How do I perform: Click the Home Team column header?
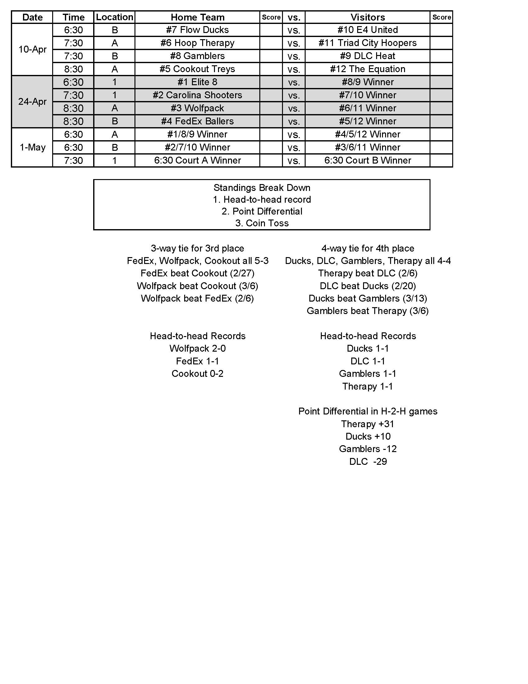(x=197, y=17)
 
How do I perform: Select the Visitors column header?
(x=367, y=17)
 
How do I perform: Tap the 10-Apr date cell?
(x=32, y=49)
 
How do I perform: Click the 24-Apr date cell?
(x=32, y=101)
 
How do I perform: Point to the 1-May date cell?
(x=32, y=147)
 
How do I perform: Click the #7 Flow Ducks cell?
(x=197, y=30)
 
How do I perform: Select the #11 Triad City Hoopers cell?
(x=367, y=43)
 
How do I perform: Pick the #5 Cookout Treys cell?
(x=197, y=69)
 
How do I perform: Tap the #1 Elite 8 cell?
(x=197, y=82)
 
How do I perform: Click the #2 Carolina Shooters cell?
(x=197, y=95)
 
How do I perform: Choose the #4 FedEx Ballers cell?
(x=197, y=121)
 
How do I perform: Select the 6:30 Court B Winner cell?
(x=367, y=160)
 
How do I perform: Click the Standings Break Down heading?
(x=262, y=187)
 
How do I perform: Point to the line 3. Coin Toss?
(x=262, y=223)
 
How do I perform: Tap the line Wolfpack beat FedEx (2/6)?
(x=197, y=298)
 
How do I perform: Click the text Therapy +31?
(x=367, y=424)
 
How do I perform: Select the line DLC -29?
(x=368, y=461)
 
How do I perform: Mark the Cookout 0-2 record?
(x=197, y=373)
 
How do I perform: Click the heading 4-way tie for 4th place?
(x=367, y=248)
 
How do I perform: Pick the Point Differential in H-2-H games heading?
(x=367, y=411)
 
